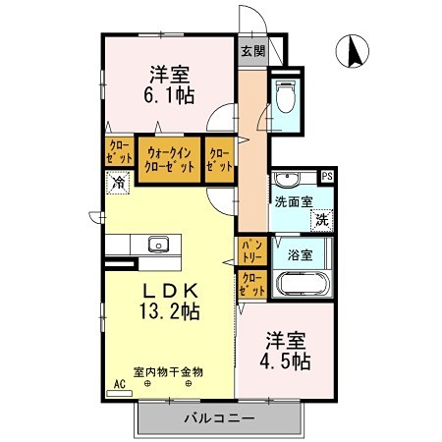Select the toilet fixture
286,98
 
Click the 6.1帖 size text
169,96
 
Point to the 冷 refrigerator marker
119,182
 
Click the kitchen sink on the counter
157,245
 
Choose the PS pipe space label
326,177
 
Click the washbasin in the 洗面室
288,179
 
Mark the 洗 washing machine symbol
321,220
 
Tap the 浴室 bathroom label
300,254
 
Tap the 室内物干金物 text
168,371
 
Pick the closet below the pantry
251,285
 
